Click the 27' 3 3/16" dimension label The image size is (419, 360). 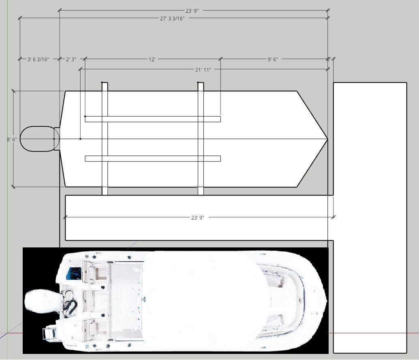click(x=172, y=19)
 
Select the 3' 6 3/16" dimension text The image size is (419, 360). click(x=38, y=60)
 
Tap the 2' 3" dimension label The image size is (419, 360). click(x=71, y=60)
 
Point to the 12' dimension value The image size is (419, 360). click(x=152, y=60)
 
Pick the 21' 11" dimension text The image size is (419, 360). click(x=203, y=70)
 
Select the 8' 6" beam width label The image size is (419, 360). click(x=12, y=139)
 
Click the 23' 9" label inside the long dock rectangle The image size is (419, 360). click(x=197, y=217)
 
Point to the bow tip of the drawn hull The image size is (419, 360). click(x=327, y=139)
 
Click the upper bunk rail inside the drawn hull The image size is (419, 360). click(x=152, y=119)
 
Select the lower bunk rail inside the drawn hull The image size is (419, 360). click(x=152, y=158)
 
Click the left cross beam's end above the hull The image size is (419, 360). click(x=105, y=86)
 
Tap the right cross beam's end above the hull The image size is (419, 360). click(x=201, y=86)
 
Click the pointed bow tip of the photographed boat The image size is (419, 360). click(x=326, y=300)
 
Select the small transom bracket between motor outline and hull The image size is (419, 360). click(x=57, y=139)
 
